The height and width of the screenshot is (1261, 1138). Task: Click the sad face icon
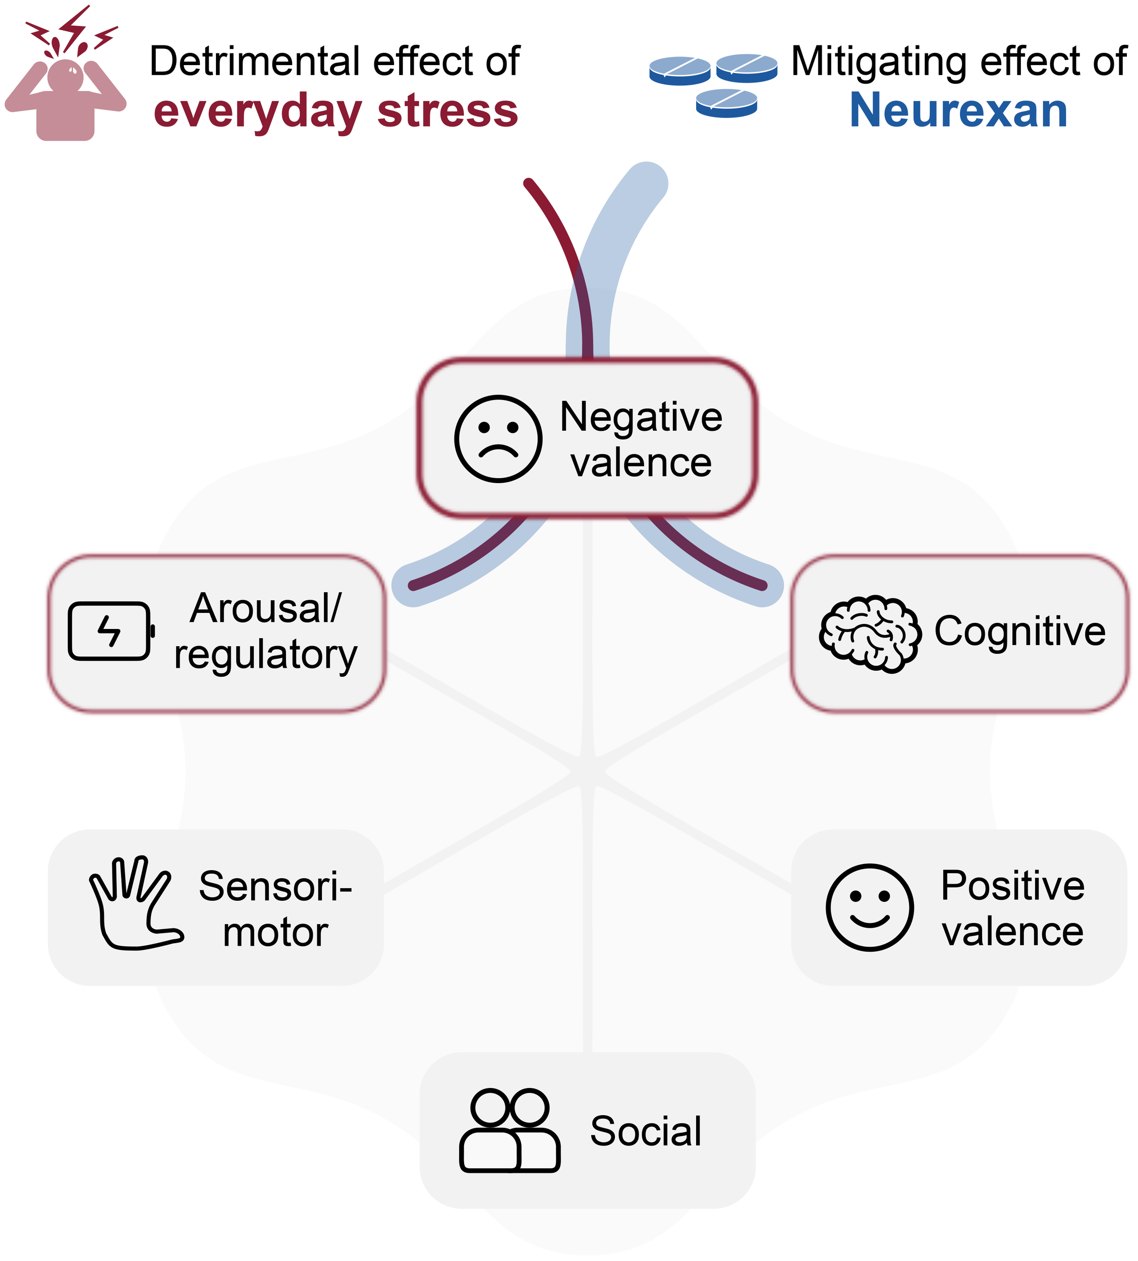tap(498, 438)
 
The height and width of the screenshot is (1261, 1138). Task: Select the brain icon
tap(870, 634)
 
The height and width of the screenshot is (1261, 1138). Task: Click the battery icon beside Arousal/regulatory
tap(110, 631)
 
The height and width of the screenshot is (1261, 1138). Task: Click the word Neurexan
tap(958, 110)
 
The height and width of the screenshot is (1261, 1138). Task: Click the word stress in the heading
tap(448, 110)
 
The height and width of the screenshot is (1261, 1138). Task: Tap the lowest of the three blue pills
tap(726, 102)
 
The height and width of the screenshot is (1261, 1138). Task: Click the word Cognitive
tap(1019, 631)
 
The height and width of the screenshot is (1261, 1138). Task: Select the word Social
tap(646, 1131)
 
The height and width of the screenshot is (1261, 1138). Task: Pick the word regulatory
tap(266, 655)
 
